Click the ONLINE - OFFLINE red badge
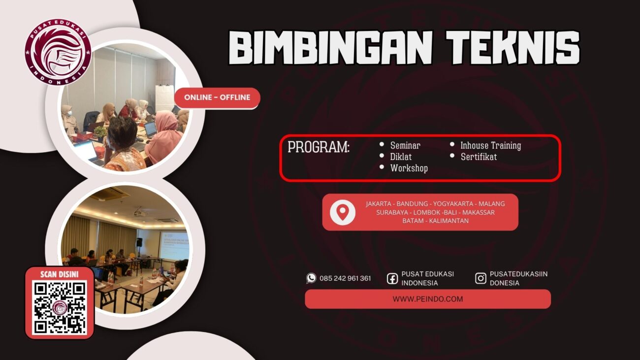[x=217, y=98]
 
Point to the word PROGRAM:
[x=319, y=147]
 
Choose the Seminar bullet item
[x=405, y=146]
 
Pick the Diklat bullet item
[x=400, y=157]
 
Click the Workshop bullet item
[x=409, y=168]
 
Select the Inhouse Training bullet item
[x=490, y=146]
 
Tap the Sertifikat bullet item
[x=479, y=157]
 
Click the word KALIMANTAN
[x=448, y=221]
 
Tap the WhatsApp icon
[x=311, y=278]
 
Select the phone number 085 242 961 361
[x=345, y=278]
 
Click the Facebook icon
[x=392, y=279]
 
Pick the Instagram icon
[x=480, y=278]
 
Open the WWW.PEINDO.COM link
[x=427, y=299]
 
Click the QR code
[x=60, y=308]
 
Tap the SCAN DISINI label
[x=59, y=274]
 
